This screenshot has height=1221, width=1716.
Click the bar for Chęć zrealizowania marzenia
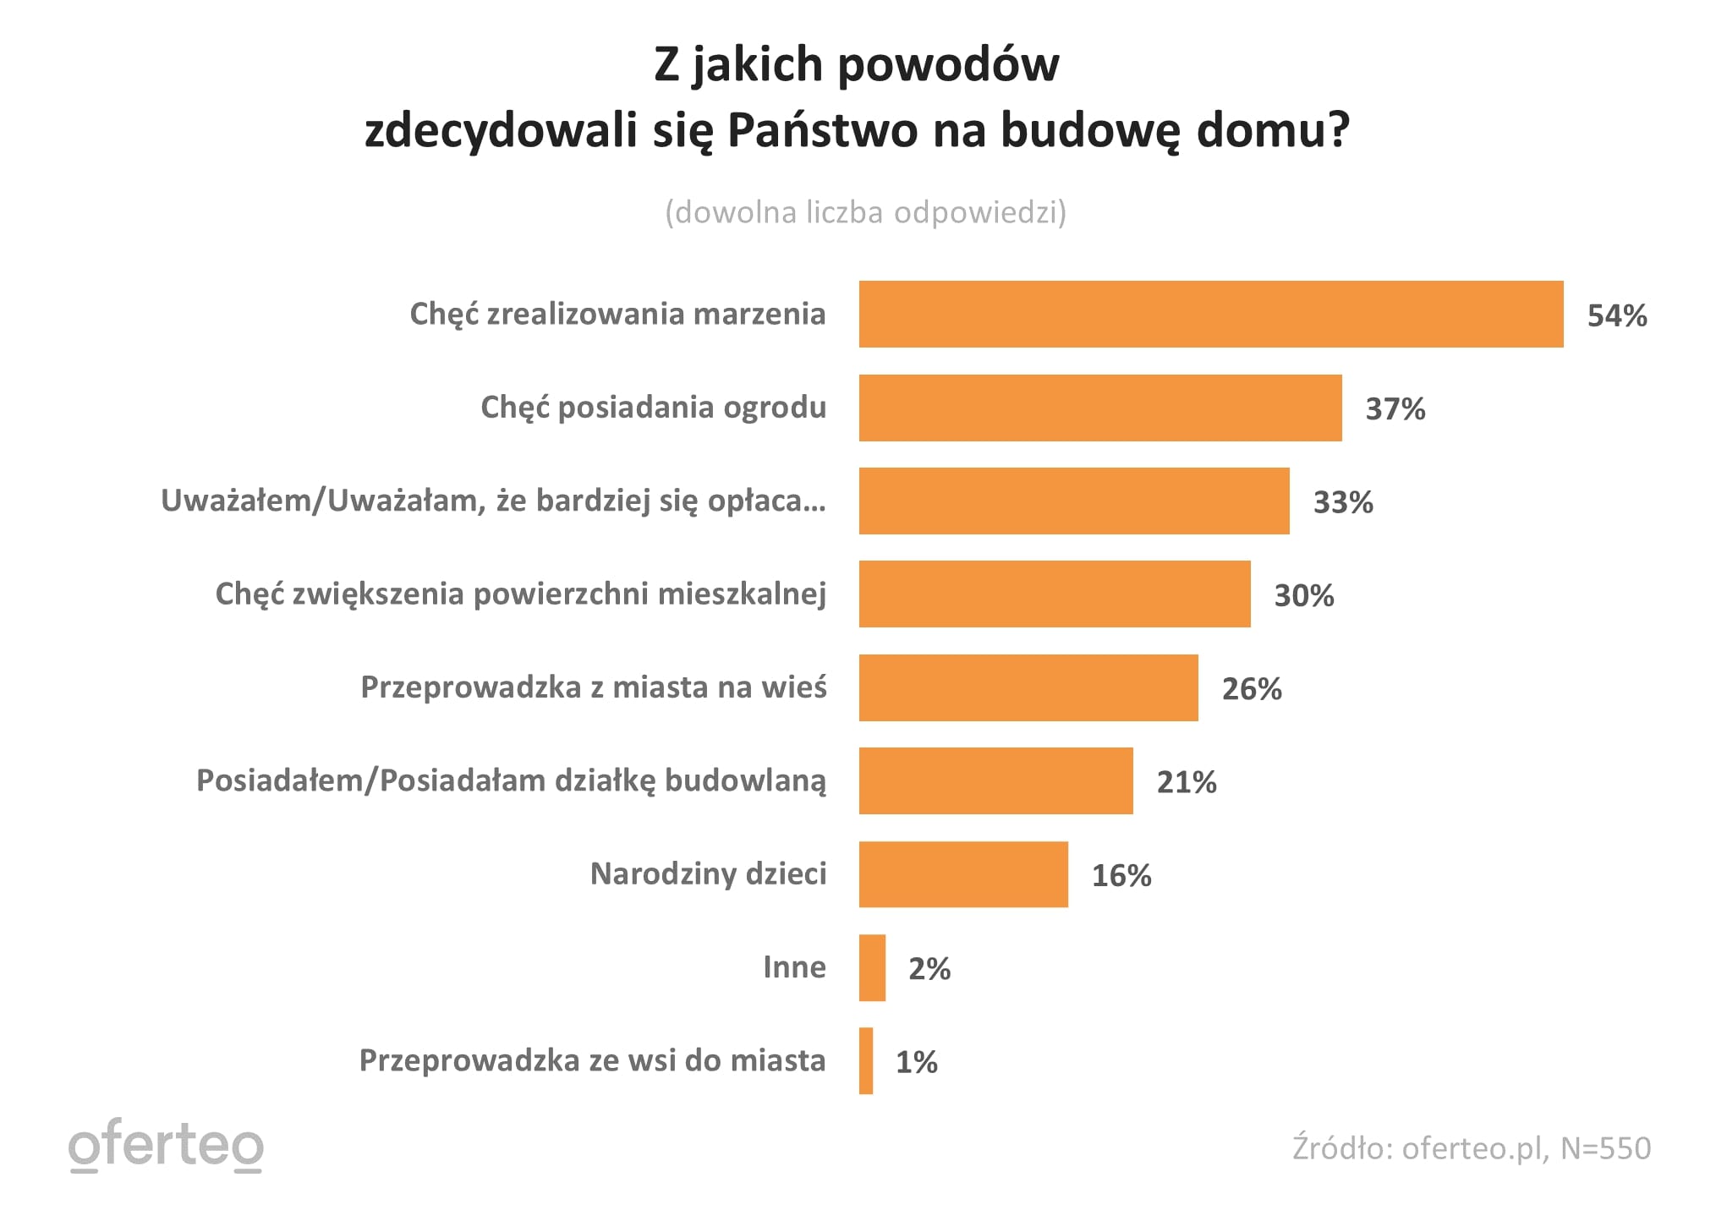point(1210,314)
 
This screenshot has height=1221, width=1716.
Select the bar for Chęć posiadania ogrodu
point(1099,408)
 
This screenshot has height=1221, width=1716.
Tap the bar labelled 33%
point(1073,501)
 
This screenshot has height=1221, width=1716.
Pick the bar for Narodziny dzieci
point(962,874)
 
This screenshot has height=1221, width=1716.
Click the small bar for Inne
point(872,967)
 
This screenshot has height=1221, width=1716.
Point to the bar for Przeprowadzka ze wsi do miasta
point(866,1060)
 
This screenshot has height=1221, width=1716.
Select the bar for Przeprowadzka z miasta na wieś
point(1028,687)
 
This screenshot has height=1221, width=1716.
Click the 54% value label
point(1616,315)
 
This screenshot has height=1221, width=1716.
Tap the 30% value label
point(1303,595)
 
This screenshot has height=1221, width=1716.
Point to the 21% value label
point(1186,782)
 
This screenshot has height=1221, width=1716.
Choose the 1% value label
point(916,1062)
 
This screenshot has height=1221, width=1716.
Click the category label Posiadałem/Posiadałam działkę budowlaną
point(511,780)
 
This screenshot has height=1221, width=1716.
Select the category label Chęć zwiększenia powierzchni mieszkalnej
point(520,594)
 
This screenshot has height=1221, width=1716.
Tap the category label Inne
point(793,966)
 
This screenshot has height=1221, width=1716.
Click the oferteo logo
point(166,1146)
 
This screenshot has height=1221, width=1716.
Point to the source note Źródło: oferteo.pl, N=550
point(1471,1147)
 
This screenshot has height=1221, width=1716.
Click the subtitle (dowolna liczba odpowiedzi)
point(865,212)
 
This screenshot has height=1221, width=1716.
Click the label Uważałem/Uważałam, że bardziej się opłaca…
point(493,501)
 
